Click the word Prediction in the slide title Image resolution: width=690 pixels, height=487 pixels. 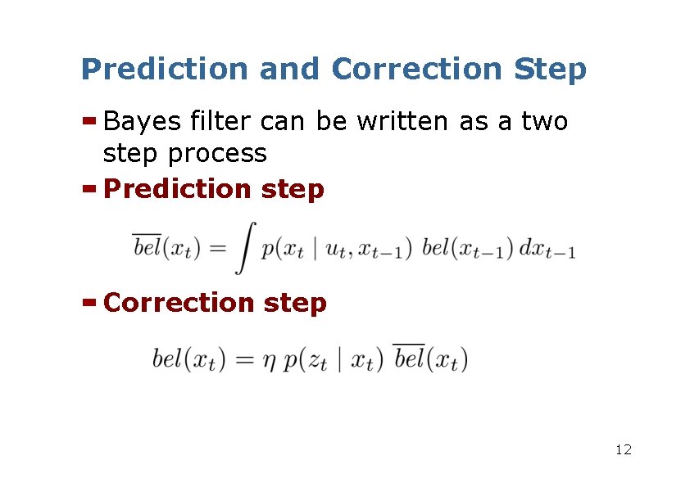165,70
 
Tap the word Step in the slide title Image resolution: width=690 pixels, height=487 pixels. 550,70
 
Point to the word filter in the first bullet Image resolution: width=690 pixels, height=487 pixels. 220,121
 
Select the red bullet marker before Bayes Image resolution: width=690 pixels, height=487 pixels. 90,121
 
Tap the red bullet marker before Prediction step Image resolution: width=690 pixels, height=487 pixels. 90,189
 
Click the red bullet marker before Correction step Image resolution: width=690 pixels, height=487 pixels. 90,302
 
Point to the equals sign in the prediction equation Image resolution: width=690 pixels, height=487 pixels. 216,249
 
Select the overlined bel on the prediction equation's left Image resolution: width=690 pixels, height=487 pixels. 148,246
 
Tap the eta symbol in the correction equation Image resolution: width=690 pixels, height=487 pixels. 268,361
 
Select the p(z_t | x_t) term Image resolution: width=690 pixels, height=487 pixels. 333,359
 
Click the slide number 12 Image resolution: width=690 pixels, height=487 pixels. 623,449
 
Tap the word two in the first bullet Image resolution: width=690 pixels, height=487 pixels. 544,121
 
